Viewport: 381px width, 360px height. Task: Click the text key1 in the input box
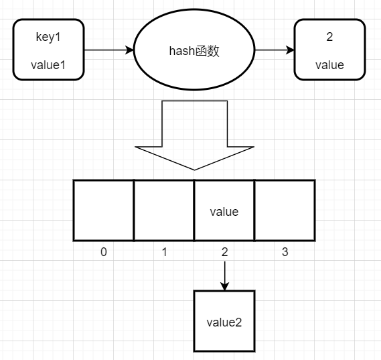[x=48, y=38]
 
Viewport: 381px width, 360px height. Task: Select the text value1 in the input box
[x=48, y=65]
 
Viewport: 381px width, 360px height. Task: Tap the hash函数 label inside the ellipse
[x=195, y=51]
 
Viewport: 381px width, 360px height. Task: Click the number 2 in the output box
[x=329, y=38]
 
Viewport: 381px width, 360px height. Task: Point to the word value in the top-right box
[x=329, y=65]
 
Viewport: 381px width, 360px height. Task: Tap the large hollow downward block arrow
[x=194, y=134]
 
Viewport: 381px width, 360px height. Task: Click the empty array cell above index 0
[x=103, y=210]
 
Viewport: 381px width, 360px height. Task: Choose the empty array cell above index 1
[x=164, y=210]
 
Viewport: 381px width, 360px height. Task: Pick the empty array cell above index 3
[x=285, y=210]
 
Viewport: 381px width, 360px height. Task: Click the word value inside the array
[x=224, y=212]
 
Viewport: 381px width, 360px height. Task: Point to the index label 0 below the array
[x=103, y=252]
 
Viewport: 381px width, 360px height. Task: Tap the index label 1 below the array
[x=164, y=252]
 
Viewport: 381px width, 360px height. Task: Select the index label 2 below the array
[x=224, y=252]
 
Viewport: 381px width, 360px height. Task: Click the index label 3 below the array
[x=285, y=252]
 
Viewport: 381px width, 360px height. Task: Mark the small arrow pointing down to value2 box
[x=224, y=276]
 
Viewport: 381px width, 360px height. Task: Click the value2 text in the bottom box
[x=224, y=321]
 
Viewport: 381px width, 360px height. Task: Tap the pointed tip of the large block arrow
[x=194, y=168]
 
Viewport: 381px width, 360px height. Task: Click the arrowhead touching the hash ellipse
[x=130, y=50]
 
